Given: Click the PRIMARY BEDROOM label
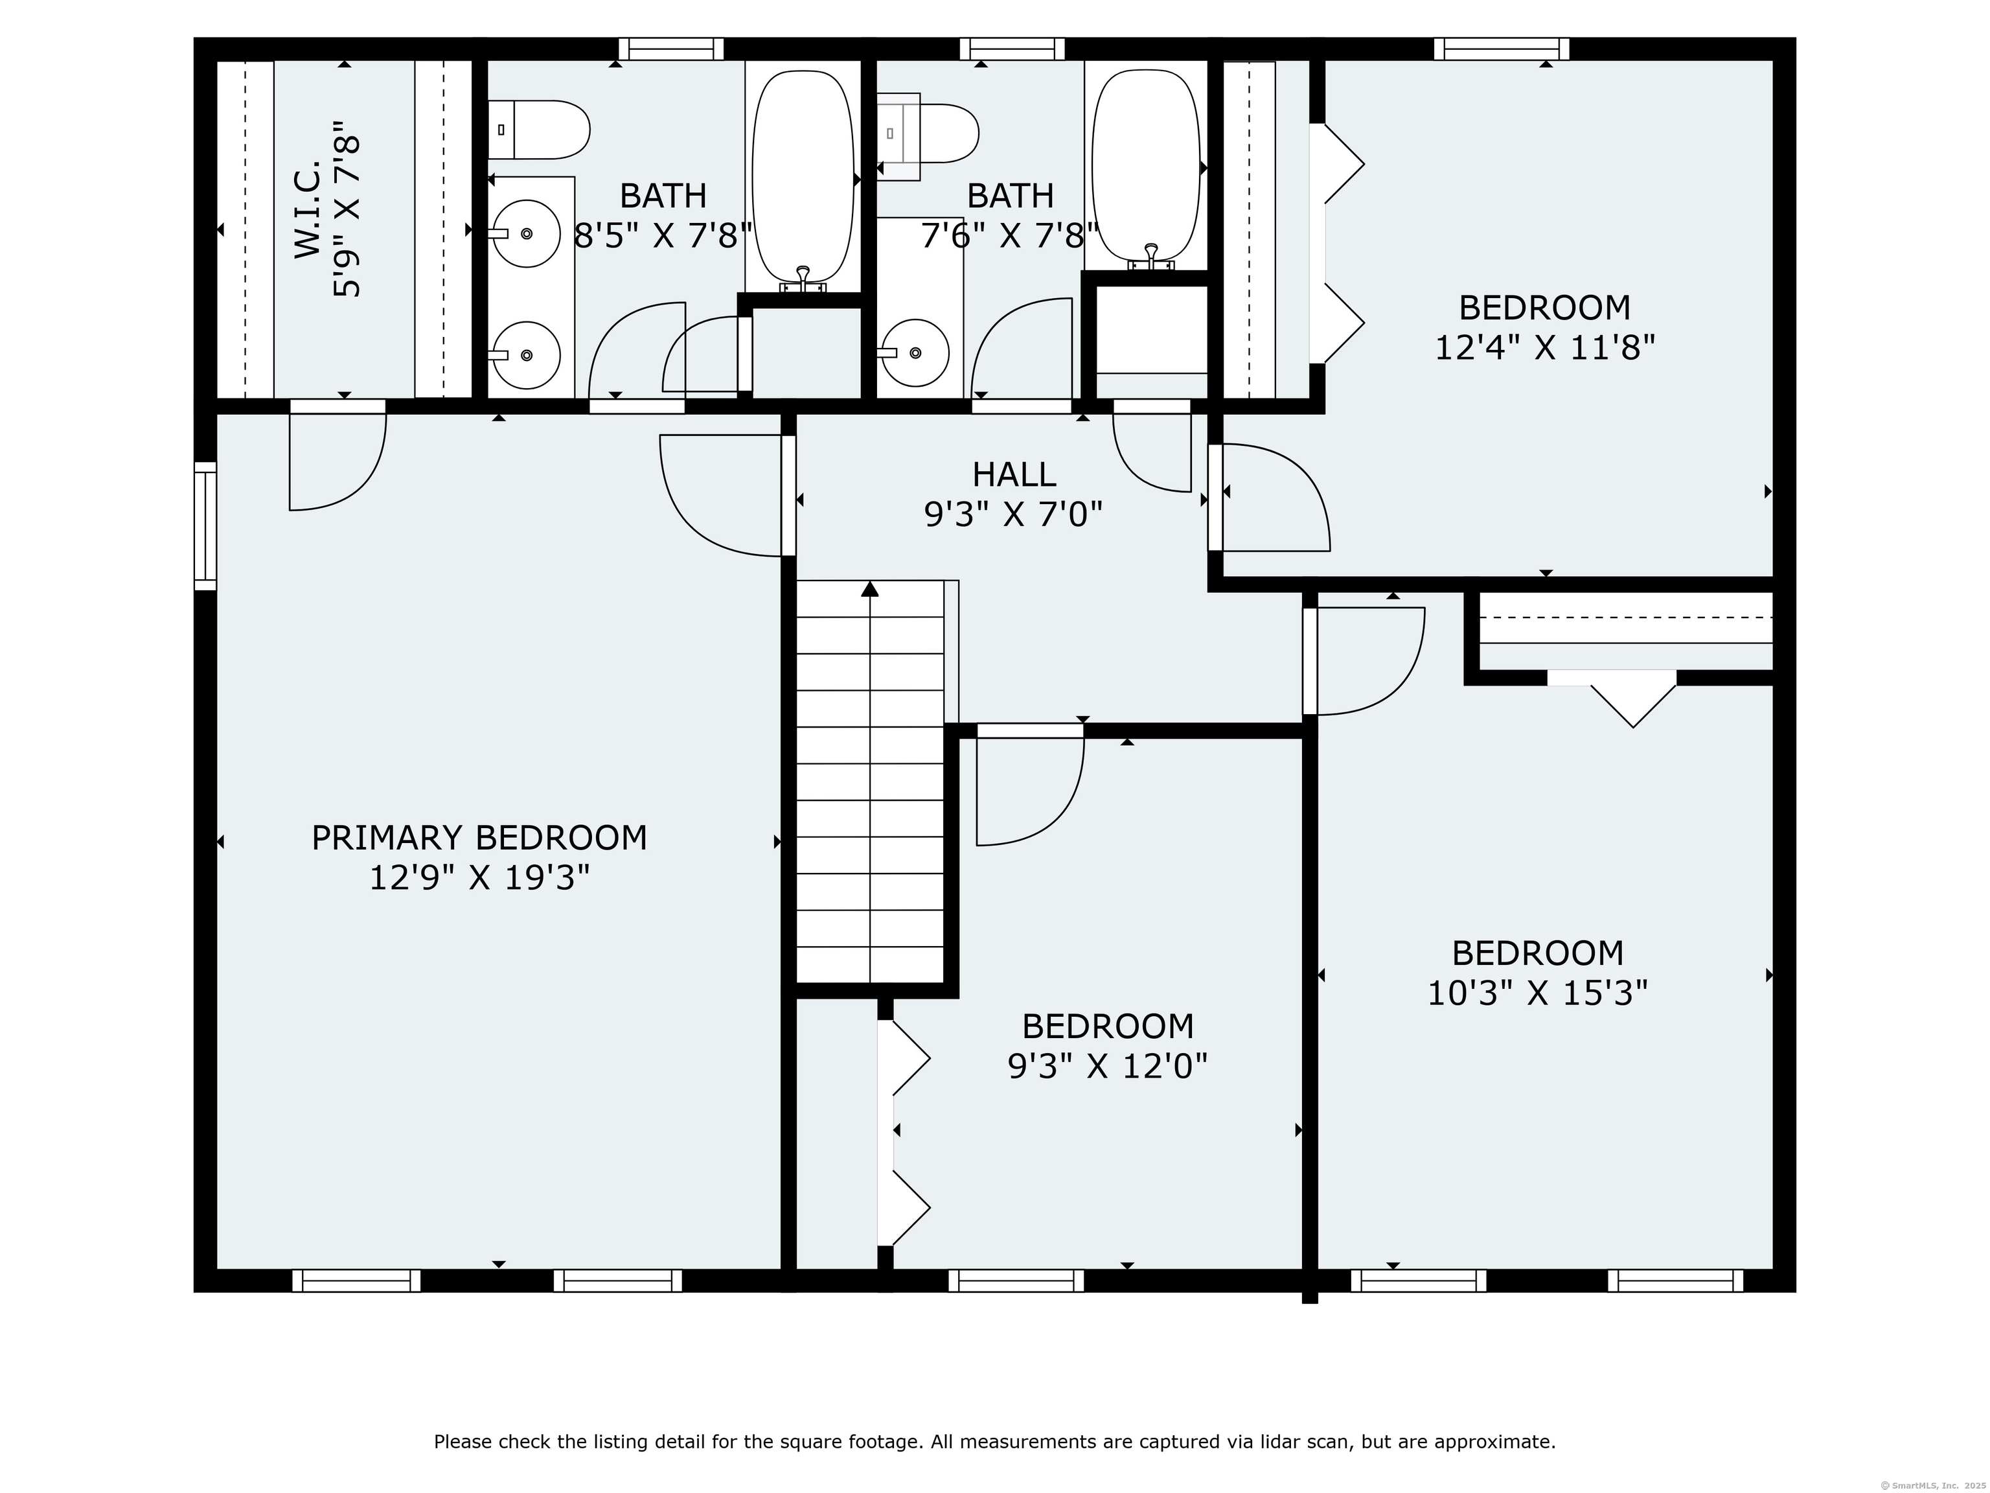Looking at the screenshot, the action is click(479, 838).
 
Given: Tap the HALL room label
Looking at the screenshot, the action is click(1014, 474).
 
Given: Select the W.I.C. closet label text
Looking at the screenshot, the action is click(308, 210).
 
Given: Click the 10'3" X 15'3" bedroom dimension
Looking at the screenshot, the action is click(1537, 993).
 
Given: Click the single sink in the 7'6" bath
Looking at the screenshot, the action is click(915, 353).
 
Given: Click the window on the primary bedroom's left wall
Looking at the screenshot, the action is click(206, 526).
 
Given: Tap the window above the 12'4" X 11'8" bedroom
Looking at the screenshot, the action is click(1502, 49).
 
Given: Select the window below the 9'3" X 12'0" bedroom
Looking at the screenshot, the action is click(1016, 1280).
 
